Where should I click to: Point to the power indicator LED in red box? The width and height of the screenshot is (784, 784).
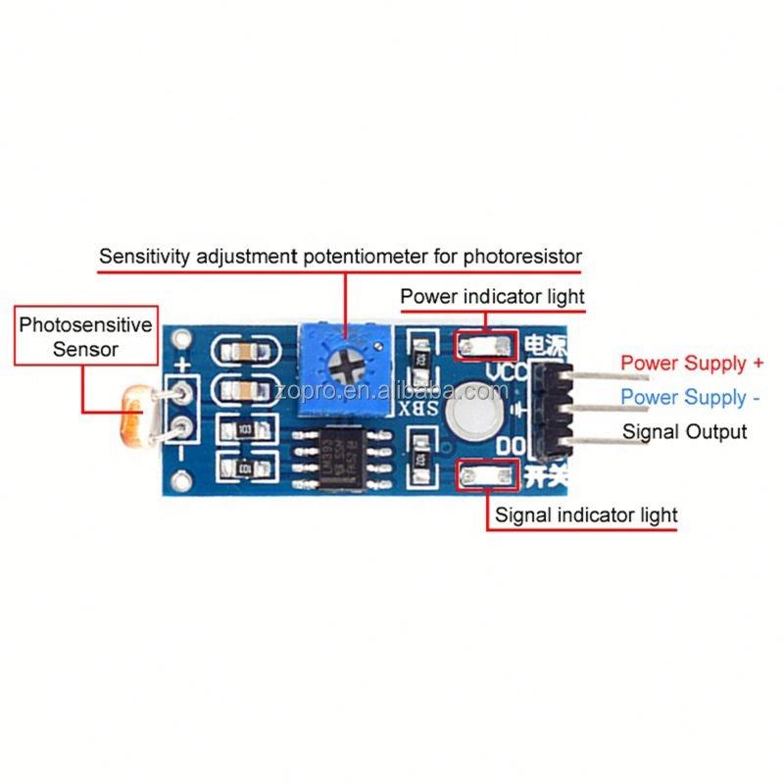485,344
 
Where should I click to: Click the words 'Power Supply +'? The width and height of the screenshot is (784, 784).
692,364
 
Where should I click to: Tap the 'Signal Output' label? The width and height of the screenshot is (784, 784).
685,432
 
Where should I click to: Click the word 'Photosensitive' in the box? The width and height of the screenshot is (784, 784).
86,324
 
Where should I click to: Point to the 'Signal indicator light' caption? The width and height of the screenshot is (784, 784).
586,514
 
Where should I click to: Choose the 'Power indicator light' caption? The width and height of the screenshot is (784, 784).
492,296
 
